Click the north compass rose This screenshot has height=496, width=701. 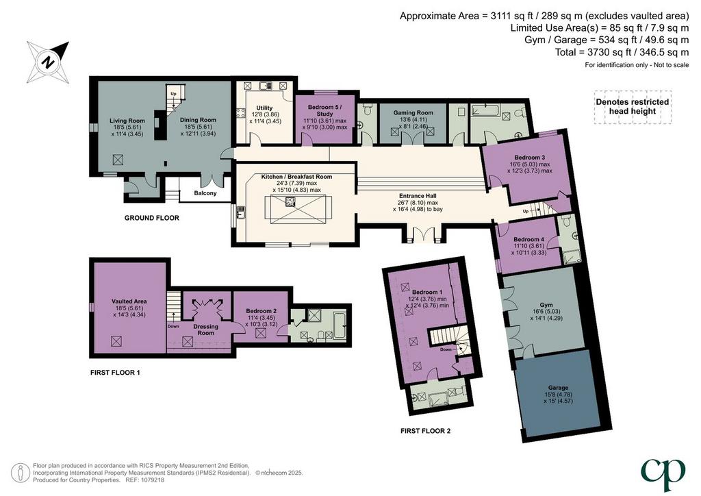[48, 62]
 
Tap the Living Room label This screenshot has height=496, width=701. [127, 121]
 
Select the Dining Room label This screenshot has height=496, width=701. [198, 120]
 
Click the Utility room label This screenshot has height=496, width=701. [265, 108]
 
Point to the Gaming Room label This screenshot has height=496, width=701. [413, 113]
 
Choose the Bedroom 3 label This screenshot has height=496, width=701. [529, 158]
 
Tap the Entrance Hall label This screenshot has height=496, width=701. [418, 196]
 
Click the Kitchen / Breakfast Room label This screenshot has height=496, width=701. [297, 177]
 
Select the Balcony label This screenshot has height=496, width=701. [205, 193]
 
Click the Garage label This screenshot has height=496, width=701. [558, 388]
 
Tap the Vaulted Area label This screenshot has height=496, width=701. [129, 301]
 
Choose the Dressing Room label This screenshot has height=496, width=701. [205, 330]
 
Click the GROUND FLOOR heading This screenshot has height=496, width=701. [151, 218]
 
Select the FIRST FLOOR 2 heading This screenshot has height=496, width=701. [425, 431]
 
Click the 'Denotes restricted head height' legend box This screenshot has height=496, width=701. [632, 106]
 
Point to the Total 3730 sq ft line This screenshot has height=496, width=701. [622, 52]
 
